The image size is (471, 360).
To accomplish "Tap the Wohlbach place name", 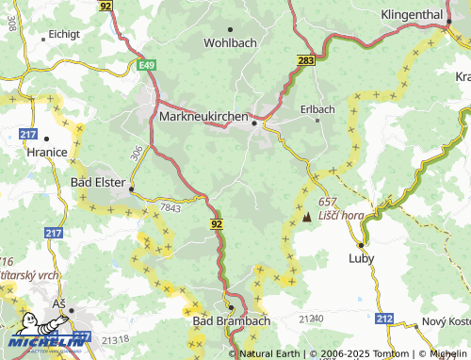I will click(231, 42).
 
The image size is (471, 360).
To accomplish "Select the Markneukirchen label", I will click(204, 117).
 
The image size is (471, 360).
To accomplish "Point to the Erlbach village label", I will click(317, 109).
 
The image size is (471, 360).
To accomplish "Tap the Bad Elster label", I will click(98, 184).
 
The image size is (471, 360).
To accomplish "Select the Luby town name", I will click(361, 257).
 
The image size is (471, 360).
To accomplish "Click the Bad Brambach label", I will click(231, 321).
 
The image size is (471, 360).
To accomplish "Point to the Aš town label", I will click(58, 303).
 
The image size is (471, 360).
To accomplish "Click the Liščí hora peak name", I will click(341, 216).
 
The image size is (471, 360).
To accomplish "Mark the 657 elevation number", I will click(327, 203).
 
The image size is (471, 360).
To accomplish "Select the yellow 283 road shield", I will click(305, 60).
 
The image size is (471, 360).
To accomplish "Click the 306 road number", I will click(138, 152).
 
